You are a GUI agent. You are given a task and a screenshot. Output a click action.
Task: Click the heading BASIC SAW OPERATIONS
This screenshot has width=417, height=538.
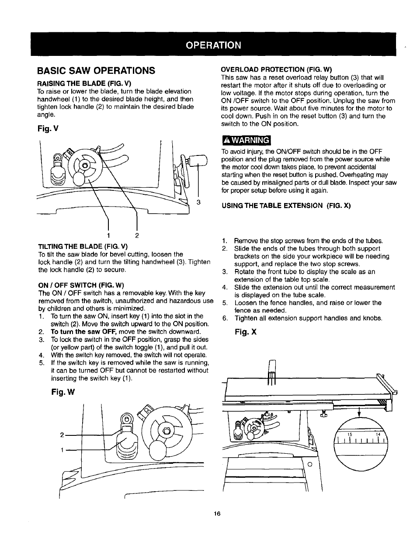96,71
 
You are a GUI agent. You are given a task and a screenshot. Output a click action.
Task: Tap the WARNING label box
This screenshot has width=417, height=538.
247,140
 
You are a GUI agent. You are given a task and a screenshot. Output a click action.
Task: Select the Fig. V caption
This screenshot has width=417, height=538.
48,129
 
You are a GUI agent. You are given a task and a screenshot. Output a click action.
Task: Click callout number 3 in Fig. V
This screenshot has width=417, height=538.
198,202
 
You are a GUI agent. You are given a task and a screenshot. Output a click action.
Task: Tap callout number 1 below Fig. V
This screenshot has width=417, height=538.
108,236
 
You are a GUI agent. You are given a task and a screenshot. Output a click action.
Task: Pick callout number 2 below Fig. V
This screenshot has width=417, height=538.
137,236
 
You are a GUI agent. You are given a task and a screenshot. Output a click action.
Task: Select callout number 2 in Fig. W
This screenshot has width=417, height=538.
62,435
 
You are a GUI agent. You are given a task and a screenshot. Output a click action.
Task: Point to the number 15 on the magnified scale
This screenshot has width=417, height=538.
350,435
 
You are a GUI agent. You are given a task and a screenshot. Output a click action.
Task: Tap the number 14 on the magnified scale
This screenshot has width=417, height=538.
379,435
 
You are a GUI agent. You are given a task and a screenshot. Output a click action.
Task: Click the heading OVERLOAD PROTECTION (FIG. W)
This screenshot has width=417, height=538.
277,69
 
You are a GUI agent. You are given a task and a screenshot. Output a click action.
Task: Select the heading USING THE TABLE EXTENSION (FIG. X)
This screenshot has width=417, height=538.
287,206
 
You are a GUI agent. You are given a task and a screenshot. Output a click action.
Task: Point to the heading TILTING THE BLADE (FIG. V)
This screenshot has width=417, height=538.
83,247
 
